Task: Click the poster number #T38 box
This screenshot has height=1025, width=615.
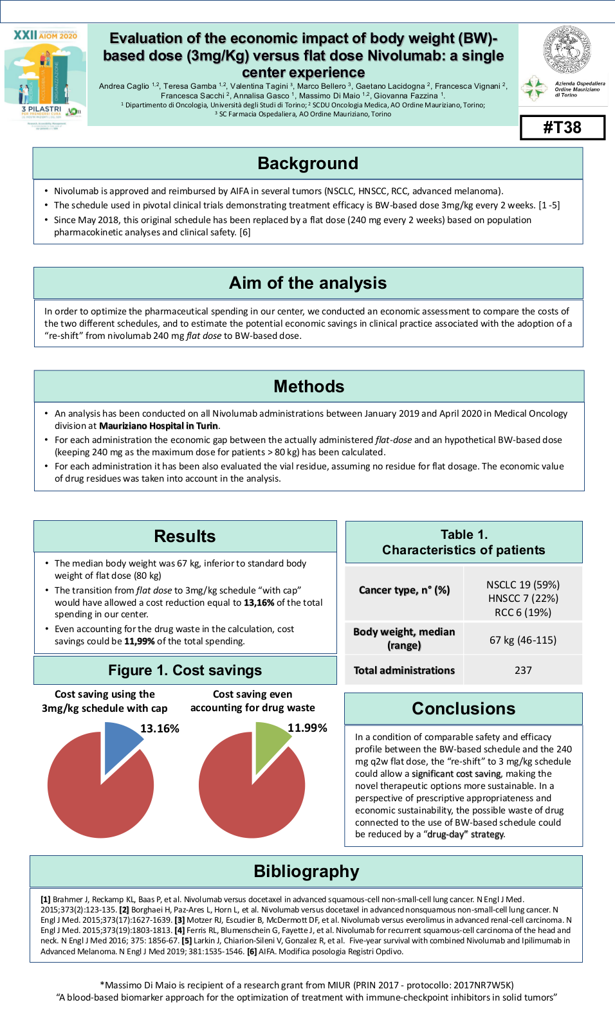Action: pyautogui.click(x=562, y=127)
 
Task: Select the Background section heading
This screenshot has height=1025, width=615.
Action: pyautogui.click(x=307, y=163)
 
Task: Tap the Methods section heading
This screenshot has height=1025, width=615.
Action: pyautogui.click(x=309, y=386)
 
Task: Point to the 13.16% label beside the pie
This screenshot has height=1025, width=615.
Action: pyautogui.click(x=160, y=729)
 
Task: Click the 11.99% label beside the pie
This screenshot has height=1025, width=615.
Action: pyautogui.click(x=307, y=728)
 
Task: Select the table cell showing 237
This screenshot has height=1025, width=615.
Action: pyautogui.click(x=523, y=670)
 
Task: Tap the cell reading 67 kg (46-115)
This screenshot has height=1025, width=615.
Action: pyautogui.click(x=523, y=640)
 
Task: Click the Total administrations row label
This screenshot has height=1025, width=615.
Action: pyautogui.click(x=404, y=670)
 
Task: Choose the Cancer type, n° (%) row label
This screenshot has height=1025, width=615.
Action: pyautogui.click(x=404, y=590)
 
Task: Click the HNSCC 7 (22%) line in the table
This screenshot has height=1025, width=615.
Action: pyautogui.click(x=523, y=598)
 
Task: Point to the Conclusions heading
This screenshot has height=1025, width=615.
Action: pyautogui.click(x=463, y=709)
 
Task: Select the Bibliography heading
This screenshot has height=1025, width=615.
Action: pyautogui.click(x=306, y=871)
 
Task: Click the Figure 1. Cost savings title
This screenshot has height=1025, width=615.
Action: pyautogui.click(x=185, y=670)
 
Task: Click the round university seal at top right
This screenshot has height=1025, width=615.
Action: pyautogui.click(x=567, y=50)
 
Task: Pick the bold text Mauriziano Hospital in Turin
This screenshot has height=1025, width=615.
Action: pyautogui.click(x=158, y=426)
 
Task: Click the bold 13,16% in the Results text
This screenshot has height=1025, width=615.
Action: pyautogui.click(x=259, y=603)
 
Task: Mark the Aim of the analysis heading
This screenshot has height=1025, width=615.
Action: pyautogui.click(x=307, y=283)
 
